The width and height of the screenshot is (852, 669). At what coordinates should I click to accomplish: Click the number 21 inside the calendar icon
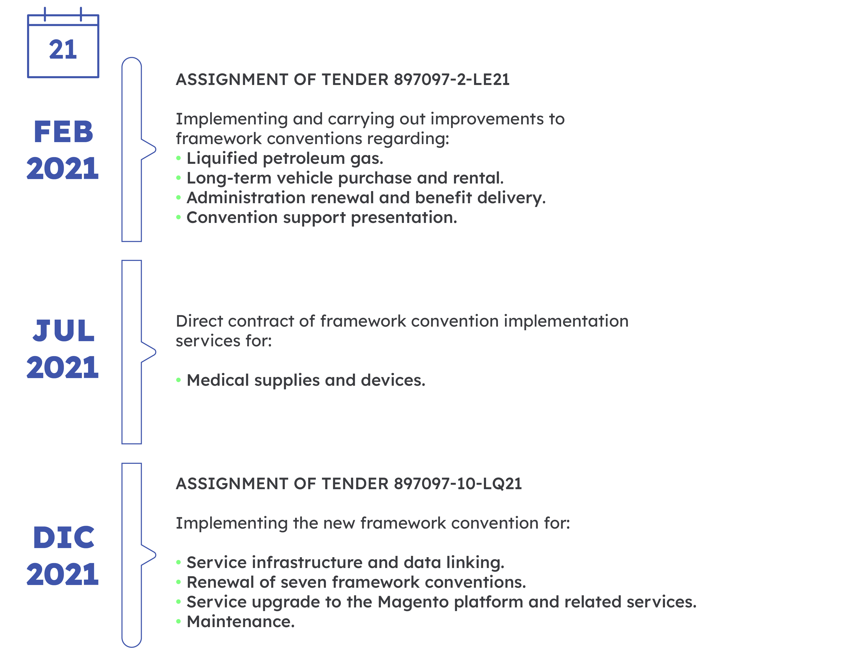(63, 50)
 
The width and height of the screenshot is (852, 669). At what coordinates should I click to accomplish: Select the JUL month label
(63, 331)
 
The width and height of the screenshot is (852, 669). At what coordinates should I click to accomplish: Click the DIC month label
(63, 537)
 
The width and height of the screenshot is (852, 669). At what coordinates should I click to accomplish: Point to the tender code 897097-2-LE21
(452, 80)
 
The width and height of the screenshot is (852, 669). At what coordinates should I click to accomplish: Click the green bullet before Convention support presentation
(178, 217)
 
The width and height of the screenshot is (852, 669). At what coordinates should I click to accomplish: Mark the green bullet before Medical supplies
(178, 380)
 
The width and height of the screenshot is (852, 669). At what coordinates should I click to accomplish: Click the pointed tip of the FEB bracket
(155, 149)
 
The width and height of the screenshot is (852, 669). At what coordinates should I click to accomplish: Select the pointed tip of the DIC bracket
(155, 555)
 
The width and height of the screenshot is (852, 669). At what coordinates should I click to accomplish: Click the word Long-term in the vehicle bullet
(229, 178)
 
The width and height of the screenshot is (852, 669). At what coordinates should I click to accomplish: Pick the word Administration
(246, 198)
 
